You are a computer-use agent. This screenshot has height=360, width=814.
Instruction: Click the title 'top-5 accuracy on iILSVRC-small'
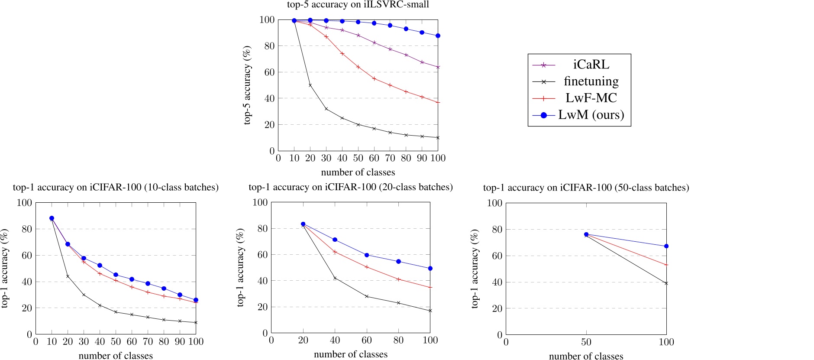358,5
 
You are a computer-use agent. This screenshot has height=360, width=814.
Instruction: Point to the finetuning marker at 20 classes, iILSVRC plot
310,85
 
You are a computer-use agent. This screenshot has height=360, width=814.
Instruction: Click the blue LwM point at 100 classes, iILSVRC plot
438,36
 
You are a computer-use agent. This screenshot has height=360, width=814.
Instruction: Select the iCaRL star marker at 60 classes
374,42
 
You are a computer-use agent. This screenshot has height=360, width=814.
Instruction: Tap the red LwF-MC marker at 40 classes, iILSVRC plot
342,54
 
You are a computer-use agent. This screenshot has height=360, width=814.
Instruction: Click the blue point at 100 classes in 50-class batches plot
666,246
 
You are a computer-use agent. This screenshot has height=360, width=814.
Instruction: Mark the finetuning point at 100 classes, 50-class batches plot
666,283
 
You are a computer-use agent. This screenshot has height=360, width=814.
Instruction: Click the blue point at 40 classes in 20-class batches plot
335,240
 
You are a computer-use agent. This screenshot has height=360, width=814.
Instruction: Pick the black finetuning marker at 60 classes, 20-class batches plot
367,296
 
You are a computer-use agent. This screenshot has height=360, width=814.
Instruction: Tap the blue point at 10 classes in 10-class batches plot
52,218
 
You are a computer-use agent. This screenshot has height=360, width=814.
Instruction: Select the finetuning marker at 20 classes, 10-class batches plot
68,276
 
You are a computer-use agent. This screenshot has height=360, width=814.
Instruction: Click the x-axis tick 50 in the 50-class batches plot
586,342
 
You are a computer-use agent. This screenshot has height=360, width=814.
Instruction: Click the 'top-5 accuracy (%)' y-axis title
247,85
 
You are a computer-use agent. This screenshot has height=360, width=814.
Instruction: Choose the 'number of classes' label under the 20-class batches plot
351,354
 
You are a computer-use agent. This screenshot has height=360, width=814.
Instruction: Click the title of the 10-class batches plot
116,188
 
